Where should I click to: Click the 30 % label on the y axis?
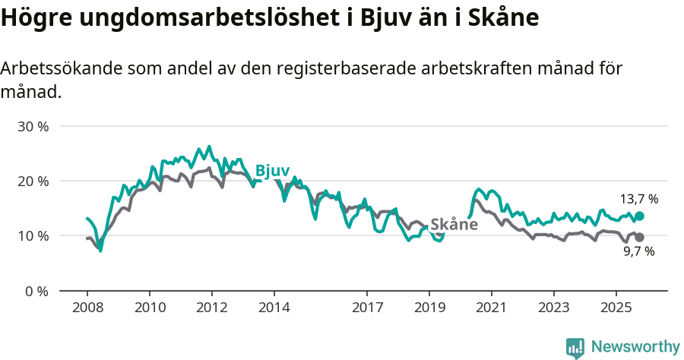(33, 126)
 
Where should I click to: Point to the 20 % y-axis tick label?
(33, 181)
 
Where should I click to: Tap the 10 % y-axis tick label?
(33, 235)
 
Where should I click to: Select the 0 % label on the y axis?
(36, 291)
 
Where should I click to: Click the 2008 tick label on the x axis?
(87, 308)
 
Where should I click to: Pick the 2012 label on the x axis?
(211, 308)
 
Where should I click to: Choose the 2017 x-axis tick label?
(367, 308)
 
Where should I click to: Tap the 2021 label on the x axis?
(491, 308)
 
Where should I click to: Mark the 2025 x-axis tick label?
(616, 308)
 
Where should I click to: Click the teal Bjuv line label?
(272, 171)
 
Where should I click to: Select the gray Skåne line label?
(454, 224)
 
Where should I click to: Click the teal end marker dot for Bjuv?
(639, 216)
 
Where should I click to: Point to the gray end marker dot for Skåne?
(639, 238)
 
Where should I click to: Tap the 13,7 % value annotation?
(638, 199)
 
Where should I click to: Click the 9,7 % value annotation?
(638, 252)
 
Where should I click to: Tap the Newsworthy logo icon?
(575, 348)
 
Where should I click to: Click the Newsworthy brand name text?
(635, 347)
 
